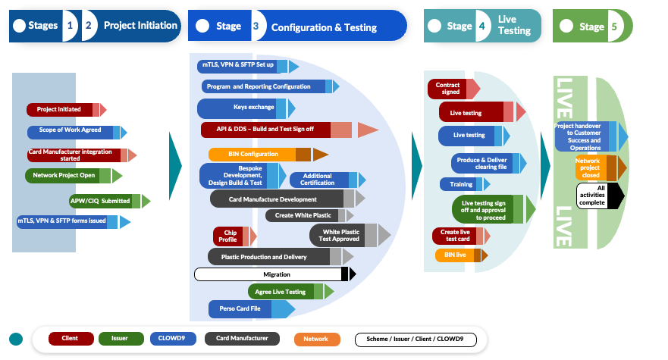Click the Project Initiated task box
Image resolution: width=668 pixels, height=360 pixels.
click(x=59, y=109)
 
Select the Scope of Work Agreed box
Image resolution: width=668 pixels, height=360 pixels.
click(x=70, y=130)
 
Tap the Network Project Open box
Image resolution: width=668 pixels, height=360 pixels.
click(x=64, y=175)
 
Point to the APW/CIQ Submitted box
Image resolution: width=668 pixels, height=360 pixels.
click(x=99, y=201)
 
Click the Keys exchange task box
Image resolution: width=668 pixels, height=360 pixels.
click(x=243, y=108)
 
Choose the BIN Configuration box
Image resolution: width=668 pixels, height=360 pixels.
click(x=252, y=155)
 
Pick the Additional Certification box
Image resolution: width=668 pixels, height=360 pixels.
click(x=317, y=180)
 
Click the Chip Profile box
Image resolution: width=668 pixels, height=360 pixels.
click(x=227, y=236)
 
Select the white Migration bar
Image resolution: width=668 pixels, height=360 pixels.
click(x=271, y=274)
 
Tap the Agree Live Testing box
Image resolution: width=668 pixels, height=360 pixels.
click(x=280, y=292)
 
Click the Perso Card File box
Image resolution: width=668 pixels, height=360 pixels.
click(x=243, y=308)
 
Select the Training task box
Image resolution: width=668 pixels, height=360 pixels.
click(x=461, y=184)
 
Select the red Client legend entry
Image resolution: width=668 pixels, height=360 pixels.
click(x=71, y=339)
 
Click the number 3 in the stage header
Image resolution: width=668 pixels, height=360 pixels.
click(x=256, y=27)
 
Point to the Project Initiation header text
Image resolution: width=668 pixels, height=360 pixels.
click(x=140, y=26)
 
